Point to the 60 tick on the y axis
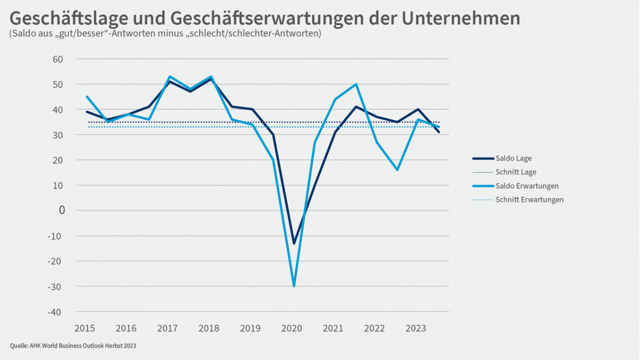click(57, 59)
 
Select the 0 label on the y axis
click(62, 210)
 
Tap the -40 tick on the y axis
click(55, 312)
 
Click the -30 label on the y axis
click(55, 287)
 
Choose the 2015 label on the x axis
click(85, 328)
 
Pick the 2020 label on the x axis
click(292, 328)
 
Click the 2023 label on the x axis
click(415, 328)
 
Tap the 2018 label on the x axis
click(209, 328)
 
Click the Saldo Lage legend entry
click(513, 159)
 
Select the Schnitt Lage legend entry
click(516, 172)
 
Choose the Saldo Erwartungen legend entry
click(527, 186)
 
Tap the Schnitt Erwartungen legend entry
click(529, 200)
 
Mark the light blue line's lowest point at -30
click(294, 286)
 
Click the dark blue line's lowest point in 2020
click(294, 243)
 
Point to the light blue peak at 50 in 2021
click(356, 84)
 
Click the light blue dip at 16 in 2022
click(397, 169)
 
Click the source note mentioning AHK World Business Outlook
click(73, 346)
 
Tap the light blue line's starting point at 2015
click(88, 97)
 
